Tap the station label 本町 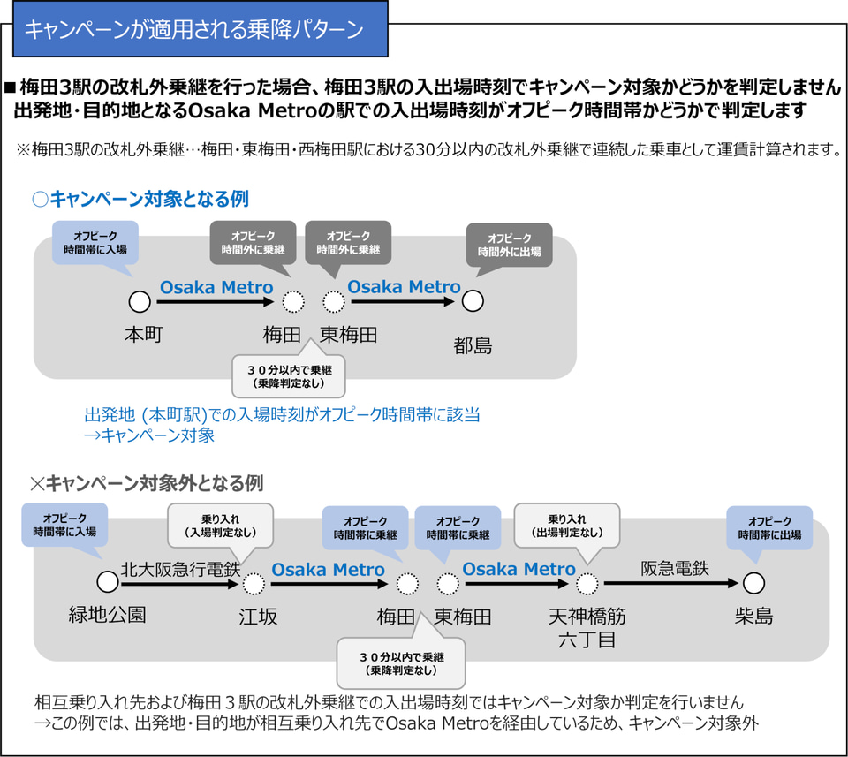tap(140, 337)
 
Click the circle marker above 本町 tap(140, 301)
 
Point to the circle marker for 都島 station tap(473, 301)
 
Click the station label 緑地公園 tap(108, 616)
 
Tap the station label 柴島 tap(753, 616)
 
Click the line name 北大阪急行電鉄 tap(181, 570)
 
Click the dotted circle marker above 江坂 tap(254, 583)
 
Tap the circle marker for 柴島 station tap(753, 583)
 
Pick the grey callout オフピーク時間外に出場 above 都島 tap(510, 245)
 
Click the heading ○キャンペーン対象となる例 tap(140, 200)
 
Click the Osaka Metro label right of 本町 tap(216, 287)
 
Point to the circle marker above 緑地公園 tap(108, 582)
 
